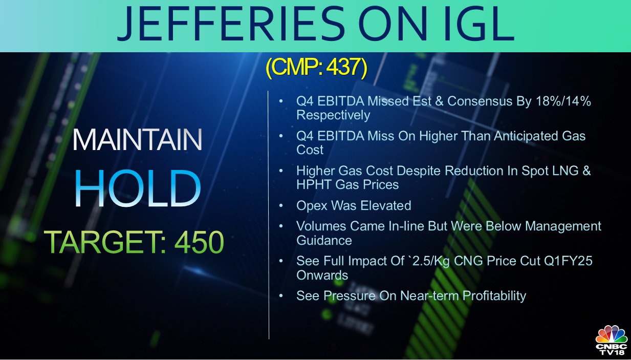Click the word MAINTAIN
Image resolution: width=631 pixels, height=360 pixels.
click(x=138, y=140)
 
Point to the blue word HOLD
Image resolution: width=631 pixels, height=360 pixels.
click(x=138, y=188)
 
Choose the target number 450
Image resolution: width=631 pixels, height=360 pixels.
click(x=199, y=242)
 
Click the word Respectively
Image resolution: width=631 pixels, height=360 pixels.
click(x=333, y=115)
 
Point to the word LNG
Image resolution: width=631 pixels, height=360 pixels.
click(x=559, y=171)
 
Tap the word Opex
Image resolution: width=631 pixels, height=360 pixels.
click(x=312, y=206)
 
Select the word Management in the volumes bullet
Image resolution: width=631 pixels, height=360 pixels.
click(x=563, y=226)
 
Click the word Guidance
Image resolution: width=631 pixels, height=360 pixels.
click(x=324, y=241)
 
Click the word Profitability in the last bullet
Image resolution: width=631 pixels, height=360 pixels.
click(x=494, y=296)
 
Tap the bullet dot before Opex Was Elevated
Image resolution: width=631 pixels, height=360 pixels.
click(x=280, y=205)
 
